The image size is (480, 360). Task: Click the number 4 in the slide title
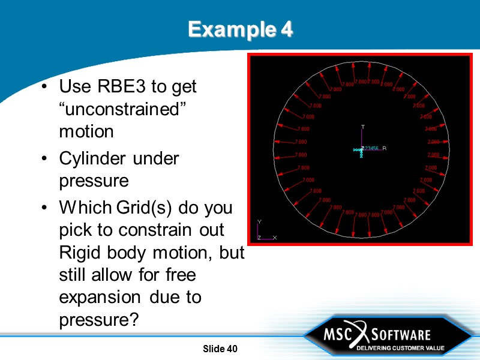[x=286, y=29]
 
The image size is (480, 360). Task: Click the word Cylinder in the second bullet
[x=92, y=158]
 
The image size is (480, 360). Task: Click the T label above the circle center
[x=362, y=127]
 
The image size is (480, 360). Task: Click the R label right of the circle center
[x=385, y=148]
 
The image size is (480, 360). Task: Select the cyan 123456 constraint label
[x=371, y=148]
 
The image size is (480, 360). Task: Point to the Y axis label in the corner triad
[x=259, y=221]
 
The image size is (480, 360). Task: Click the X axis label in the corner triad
[x=275, y=238]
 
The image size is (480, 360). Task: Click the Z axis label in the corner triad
[x=259, y=238]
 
